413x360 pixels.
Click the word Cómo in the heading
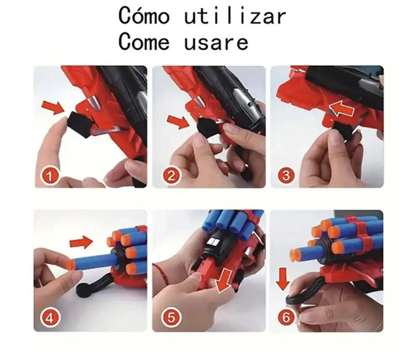click(144, 16)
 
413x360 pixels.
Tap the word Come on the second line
click(144, 42)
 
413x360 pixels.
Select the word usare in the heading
click(216, 43)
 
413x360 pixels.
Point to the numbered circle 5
click(171, 318)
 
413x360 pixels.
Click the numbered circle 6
click(286, 318)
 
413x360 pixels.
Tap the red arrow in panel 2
click(177, 122)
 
